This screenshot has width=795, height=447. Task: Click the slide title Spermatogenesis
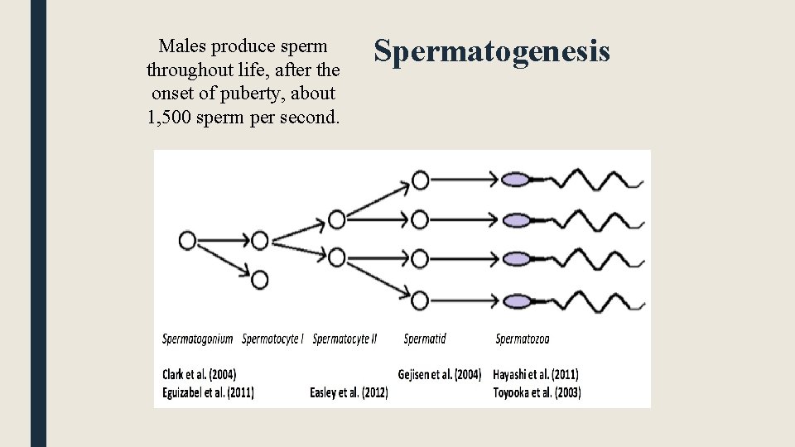coord(492,51)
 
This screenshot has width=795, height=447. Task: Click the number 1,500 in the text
coord(170,117)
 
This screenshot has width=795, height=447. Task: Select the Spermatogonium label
coord(198,338)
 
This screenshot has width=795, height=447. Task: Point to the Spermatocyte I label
coord(272,338)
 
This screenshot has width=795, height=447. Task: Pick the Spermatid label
coord(425,338)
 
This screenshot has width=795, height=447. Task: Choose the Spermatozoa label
coord(523,338)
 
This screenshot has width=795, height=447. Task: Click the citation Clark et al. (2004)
coord(199,374)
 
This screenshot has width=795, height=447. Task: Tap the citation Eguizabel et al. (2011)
coord(208,392)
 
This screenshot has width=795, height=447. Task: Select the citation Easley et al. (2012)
coord(349,392)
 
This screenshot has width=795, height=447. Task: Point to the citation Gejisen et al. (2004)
coord(439,374)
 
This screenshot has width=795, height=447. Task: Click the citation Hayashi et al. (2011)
coord(536,374)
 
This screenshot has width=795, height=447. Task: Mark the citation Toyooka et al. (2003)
coord(537,392)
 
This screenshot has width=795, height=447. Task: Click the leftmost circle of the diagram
coord(188,240)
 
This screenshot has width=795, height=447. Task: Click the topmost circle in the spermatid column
coord(420,180)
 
